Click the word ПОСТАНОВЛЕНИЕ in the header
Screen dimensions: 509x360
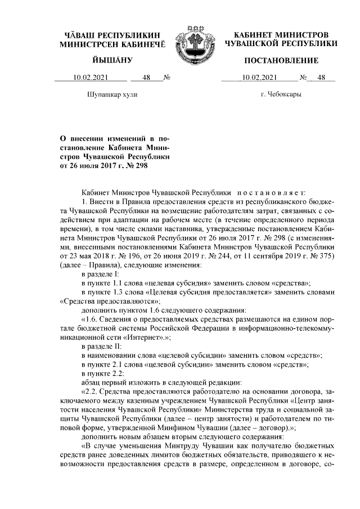click(x=281, y=60)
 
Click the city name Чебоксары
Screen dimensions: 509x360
click(x=285, y=94)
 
